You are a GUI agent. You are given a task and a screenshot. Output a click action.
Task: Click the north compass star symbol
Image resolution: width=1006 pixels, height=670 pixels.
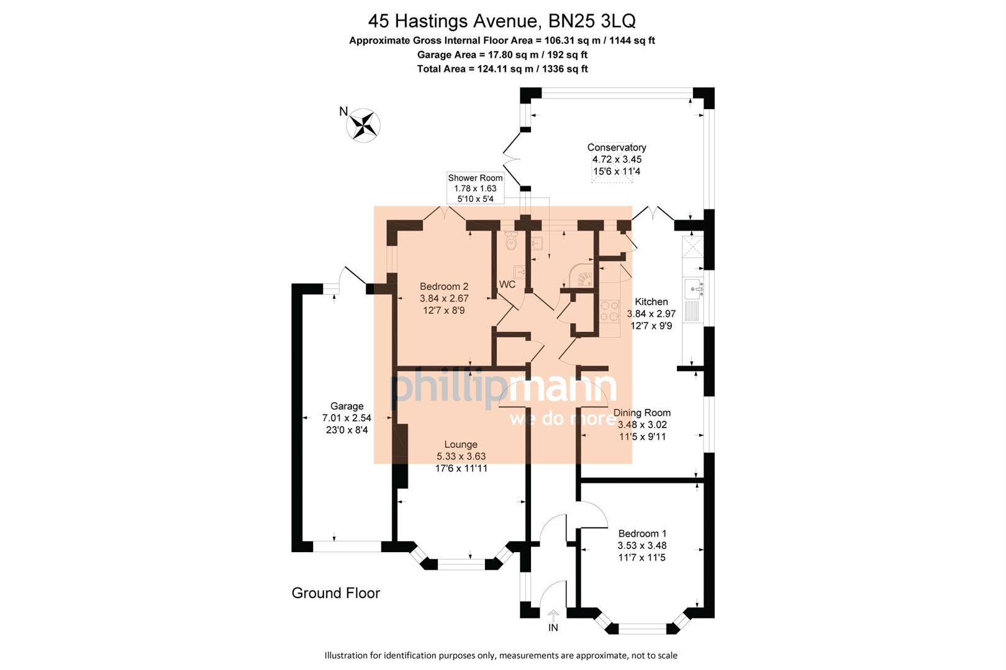[x=363, y=125]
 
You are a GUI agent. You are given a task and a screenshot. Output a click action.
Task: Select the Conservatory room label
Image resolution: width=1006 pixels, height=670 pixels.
[x=617, y=148]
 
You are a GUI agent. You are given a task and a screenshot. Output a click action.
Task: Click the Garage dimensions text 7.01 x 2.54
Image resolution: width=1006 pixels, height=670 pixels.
[x=347, y=418]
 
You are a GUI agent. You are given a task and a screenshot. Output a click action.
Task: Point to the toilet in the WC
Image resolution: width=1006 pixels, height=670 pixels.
[x=510, y=241]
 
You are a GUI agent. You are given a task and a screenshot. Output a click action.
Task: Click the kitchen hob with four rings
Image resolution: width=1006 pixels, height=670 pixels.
[x=610, y=311]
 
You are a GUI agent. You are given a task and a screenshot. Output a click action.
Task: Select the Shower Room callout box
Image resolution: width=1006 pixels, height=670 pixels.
[x=475, y=188]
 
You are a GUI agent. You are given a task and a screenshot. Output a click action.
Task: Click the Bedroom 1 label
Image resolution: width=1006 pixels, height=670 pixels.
[x=642, y=534]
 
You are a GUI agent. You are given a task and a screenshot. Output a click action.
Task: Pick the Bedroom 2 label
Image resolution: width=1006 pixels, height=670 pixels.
[x=444, y=287]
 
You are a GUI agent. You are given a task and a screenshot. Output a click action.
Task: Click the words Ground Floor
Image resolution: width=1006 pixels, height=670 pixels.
[x=335, y=593]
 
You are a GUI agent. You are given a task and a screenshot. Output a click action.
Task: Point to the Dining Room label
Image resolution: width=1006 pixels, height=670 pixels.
[x=641, y=413]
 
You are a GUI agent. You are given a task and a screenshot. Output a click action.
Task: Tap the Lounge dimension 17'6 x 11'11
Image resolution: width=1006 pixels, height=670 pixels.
[x=461, y=468]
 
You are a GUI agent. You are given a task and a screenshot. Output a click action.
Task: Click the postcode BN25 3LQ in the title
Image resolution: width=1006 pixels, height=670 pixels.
[x=592, y=21]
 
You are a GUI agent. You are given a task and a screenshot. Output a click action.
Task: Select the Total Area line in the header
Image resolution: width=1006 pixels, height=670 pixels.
[x=502, y=69]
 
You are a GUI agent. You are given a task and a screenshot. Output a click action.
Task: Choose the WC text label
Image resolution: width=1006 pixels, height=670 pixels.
[x=507, y=285]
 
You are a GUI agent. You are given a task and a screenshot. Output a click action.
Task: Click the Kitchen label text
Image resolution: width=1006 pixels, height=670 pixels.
[x=651, y=302]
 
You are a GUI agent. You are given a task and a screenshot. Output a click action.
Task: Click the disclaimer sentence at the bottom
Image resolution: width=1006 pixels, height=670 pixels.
[x=501, y=655]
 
